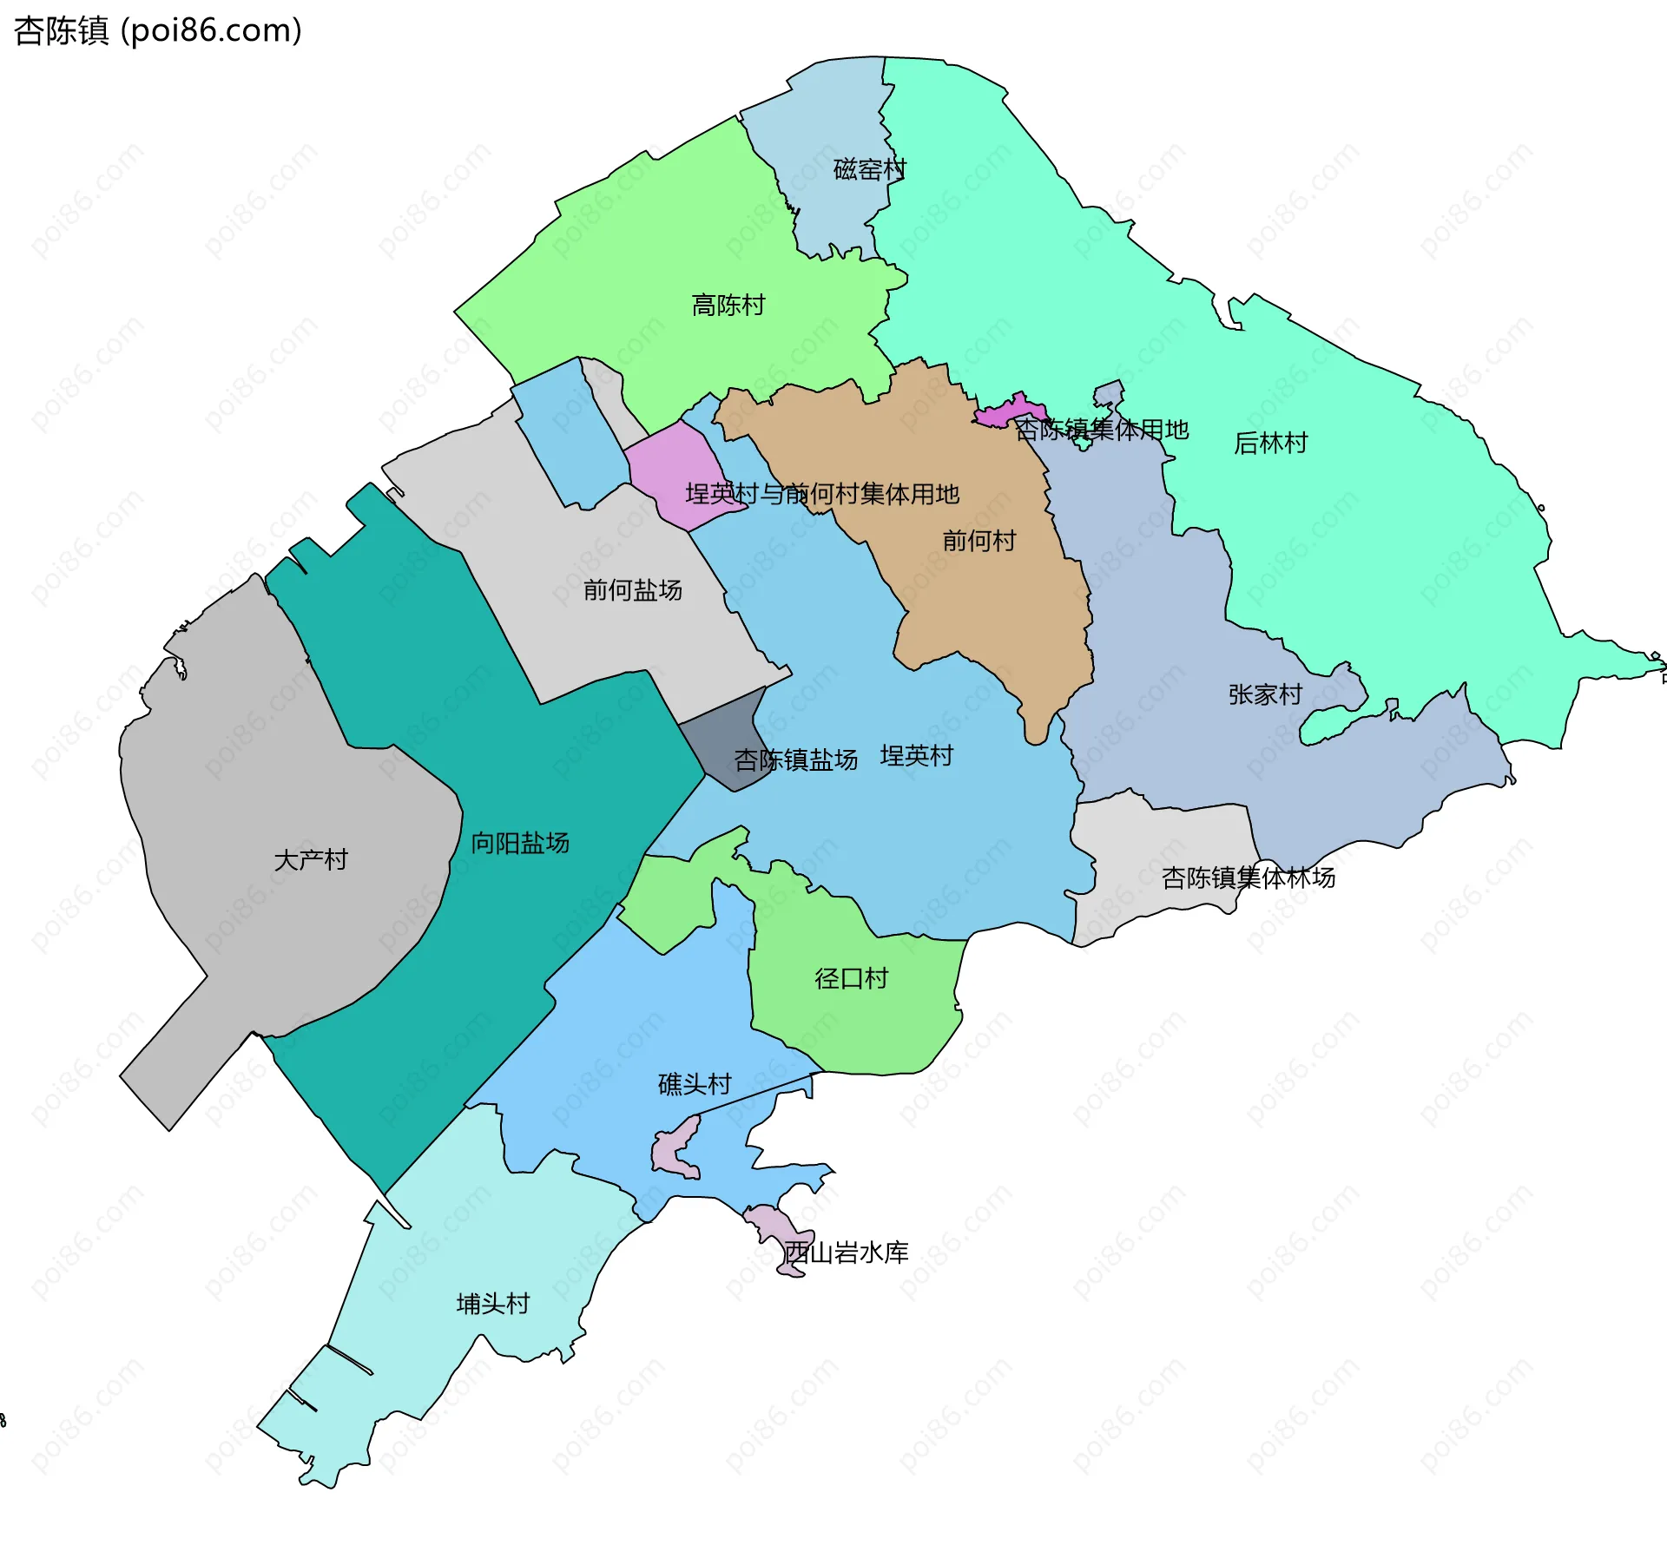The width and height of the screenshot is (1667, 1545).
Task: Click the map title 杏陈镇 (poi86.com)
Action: pos(158,30)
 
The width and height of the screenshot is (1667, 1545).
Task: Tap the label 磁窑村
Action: pos(869,169)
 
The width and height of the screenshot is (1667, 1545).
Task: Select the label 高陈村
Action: pos(728,306)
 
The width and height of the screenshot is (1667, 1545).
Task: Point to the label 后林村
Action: pos(1270,444)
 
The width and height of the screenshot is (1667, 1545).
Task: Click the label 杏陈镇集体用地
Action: pos(1102,430)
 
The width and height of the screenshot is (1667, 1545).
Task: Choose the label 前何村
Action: pos(979,542)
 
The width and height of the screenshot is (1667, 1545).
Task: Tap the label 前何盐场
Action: pos(633,590)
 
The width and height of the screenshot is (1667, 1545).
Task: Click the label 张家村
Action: pos(1265,694)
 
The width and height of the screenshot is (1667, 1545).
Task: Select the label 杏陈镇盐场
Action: pos(795,760)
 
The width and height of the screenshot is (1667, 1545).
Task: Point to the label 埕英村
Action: pos(916,756)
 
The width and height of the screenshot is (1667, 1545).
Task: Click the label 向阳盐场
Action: pos(520,843)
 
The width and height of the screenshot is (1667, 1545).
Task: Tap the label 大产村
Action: pos(311,860)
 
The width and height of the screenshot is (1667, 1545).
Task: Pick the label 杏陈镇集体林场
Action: pos(1248,878)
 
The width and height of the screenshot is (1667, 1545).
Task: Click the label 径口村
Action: pos(851,979)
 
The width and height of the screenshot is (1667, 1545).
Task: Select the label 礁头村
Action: pos(695,1084)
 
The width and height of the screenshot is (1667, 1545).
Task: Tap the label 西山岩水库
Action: pos(846,1252)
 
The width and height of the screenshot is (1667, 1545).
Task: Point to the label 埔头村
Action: pos(493,1304)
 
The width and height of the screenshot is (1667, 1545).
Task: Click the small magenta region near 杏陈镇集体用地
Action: pos(1007,411)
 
